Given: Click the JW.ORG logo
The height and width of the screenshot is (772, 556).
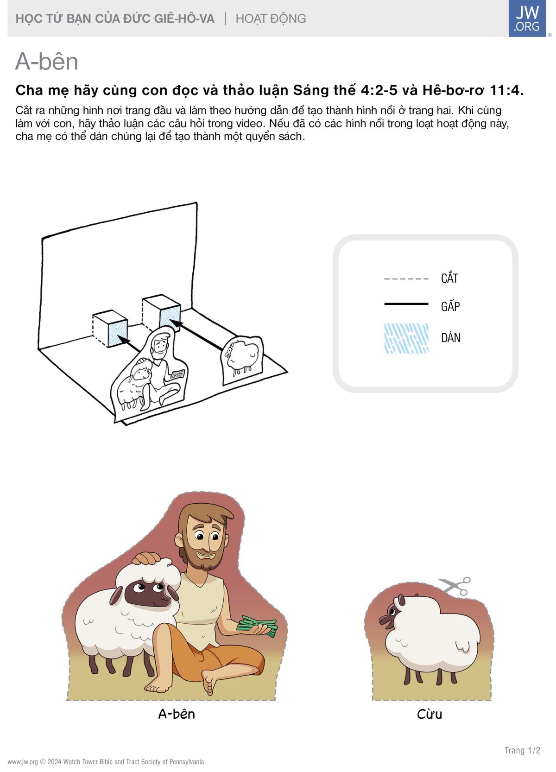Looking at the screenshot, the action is [x=527, y=18].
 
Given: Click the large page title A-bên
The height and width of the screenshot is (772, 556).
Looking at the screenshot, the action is [x=46, y=62].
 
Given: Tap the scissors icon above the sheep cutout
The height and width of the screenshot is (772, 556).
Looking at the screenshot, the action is [x=455, y=586].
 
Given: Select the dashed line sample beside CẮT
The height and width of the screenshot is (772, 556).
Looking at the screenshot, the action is [x=406, y=278].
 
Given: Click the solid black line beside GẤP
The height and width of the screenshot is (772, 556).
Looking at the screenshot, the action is [x=406, y=304].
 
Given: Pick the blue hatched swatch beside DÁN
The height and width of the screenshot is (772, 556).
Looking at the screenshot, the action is [x=406, y=338].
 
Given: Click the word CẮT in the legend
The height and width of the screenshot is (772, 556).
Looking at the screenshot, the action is [x=449, y=278].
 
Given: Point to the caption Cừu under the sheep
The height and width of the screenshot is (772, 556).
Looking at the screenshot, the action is [x=429, y=714].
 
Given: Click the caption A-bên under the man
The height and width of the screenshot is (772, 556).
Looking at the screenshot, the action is [x=177, y=714].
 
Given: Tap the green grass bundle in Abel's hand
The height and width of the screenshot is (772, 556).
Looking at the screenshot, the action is [x=257, y=626].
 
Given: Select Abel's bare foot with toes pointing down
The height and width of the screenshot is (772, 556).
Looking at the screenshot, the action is [x=208, y=683].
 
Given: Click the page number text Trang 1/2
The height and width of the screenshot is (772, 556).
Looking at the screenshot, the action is [x=522, y=750].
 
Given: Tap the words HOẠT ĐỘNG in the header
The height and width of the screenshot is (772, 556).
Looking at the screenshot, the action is [x=271, y=19].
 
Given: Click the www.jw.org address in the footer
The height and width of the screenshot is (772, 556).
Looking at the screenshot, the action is [x=23, y=762].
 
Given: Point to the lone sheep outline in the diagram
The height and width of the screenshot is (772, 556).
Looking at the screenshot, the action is [x=241, y=359].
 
